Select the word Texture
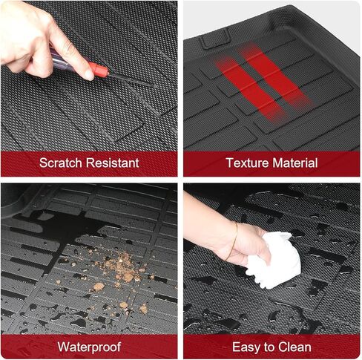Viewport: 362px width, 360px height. pos(247,163)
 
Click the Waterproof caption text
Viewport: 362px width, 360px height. pos(90,346)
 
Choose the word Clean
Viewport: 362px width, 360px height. pos(297,346)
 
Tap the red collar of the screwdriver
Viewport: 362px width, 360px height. pos(99,71)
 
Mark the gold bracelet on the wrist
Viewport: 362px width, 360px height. pos(235,238)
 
